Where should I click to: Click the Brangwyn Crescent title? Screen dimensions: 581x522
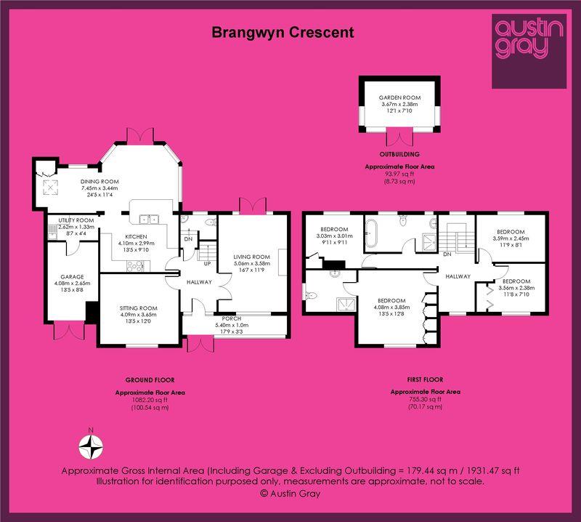pos(283,33)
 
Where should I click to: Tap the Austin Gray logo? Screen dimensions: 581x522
pos(529,51)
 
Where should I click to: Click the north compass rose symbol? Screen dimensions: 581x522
pos(91,446)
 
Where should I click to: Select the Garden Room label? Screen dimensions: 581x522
pos(400,97)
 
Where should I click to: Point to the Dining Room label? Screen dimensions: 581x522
pos(99,182)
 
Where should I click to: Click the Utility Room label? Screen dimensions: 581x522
pos(76,220)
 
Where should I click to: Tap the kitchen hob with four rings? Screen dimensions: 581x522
pos(135,265)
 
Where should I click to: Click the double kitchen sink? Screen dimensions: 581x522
pos(149,220)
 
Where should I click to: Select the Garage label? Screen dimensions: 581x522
pos(72,277)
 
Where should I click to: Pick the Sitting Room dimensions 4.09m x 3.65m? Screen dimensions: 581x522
pos(138,315)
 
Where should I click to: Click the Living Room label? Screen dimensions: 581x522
pos(251,257)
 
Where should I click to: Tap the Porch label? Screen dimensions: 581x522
pos(232,318)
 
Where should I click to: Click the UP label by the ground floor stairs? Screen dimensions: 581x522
pos(207,264)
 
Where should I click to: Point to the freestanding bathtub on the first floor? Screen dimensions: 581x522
pos(371,233)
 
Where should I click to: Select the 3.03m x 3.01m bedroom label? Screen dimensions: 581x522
pos(334,236)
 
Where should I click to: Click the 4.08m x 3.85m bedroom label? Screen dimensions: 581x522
pos(391,308)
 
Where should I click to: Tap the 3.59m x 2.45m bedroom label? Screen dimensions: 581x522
pos(511,238)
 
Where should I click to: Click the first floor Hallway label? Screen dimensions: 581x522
pos(458,276)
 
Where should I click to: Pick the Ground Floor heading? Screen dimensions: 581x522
pos(150,380)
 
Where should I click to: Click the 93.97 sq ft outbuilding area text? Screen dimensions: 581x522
pos(400,174)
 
